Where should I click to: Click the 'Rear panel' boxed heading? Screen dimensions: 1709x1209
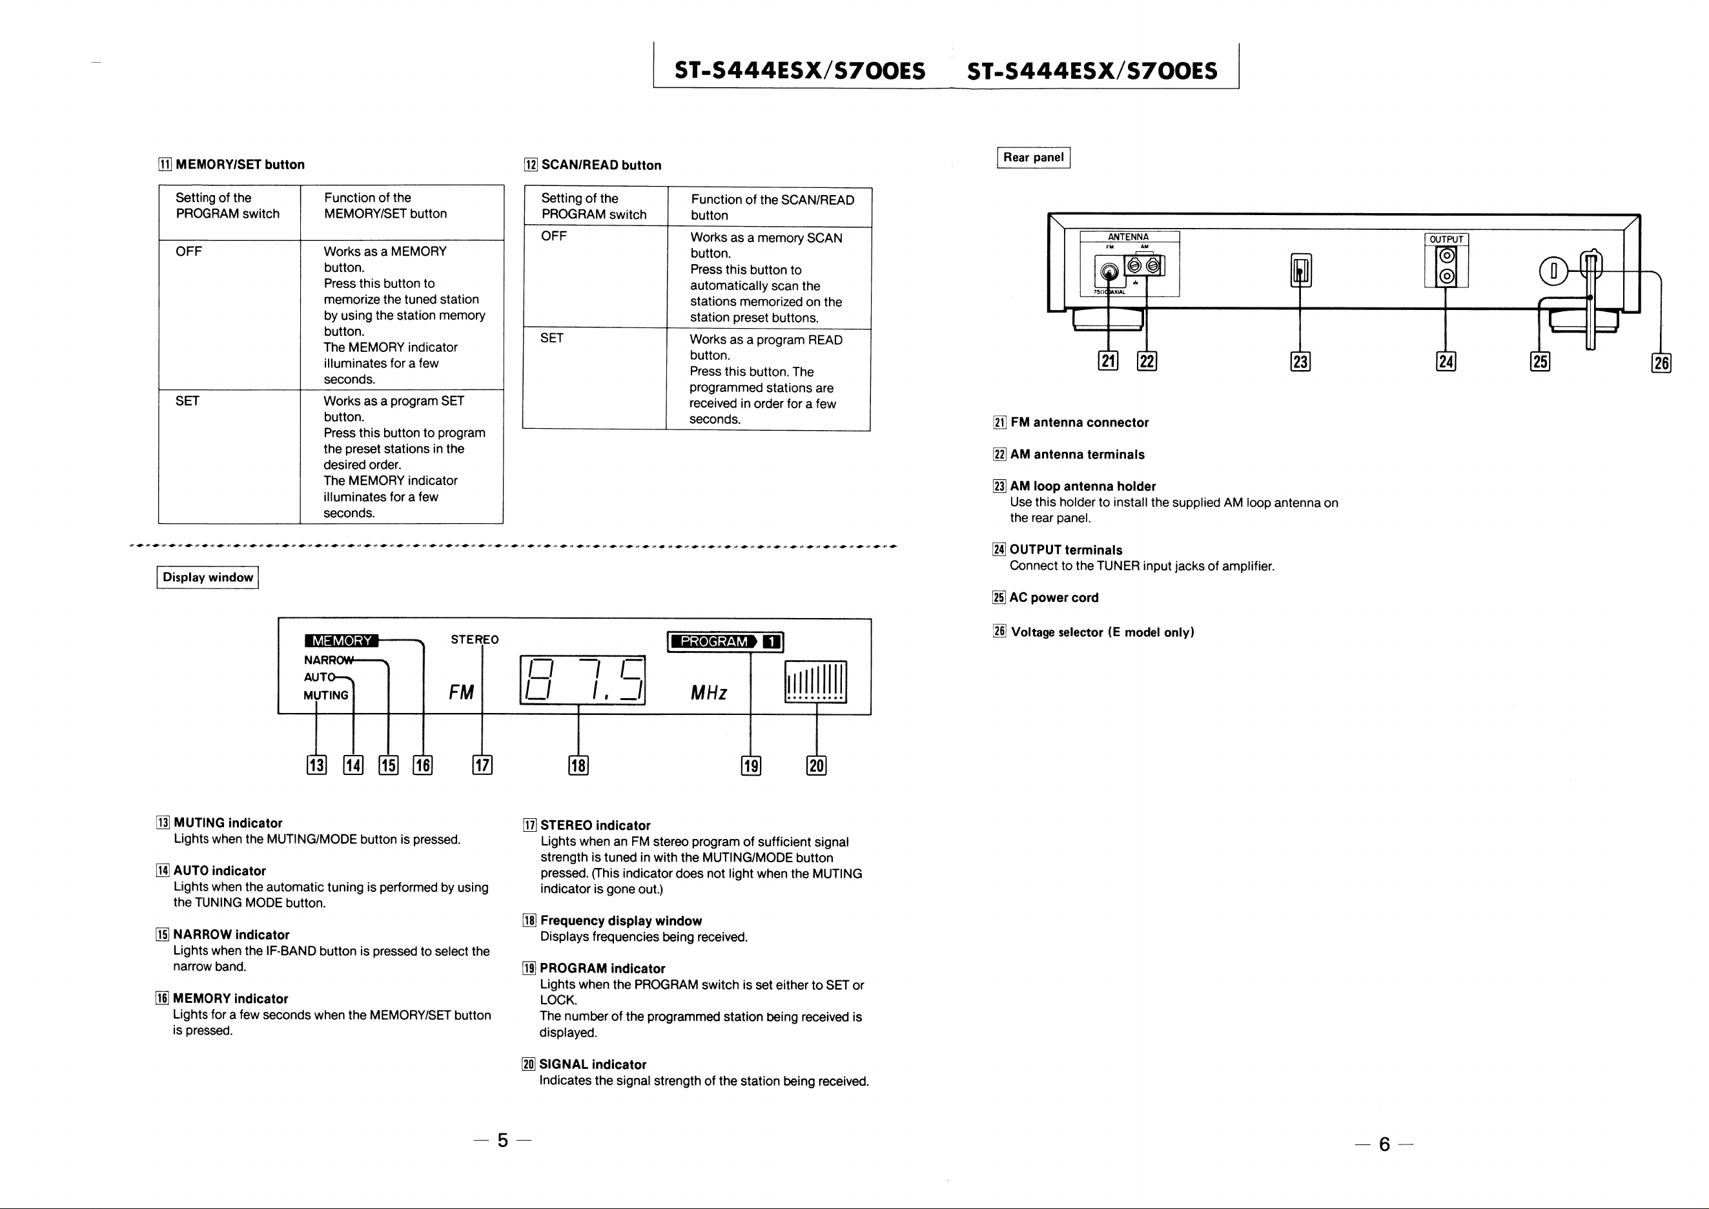(1033, 158)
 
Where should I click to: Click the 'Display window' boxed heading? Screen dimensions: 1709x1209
(208, 578)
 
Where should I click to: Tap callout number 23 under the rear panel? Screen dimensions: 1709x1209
(1300, 362)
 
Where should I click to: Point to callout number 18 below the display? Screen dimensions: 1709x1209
(578, 765)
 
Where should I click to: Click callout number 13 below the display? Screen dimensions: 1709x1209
(316, 765)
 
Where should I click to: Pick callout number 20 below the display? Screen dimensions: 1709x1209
(817, 765)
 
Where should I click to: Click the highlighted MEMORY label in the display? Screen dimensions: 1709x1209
(342, 641)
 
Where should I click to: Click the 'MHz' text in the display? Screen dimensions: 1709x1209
(709, 693)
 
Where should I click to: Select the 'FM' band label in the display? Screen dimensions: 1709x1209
(462, 693)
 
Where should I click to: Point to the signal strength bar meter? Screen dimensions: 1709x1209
(816, 682)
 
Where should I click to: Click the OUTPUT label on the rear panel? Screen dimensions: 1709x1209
(1446, 239)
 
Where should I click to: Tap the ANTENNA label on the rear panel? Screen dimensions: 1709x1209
(1129, 237)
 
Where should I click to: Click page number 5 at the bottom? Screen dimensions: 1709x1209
(503, 1141)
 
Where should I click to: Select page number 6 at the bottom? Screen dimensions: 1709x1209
(1384, 1144)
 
